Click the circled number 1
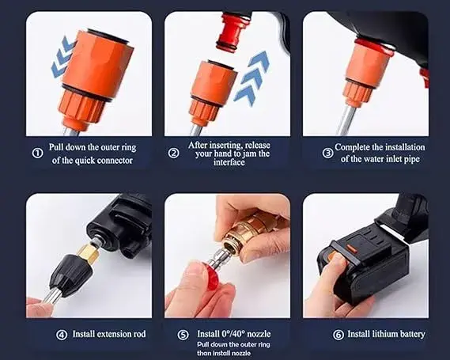click(x=38, y=153)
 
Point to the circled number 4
click(x=61, y=335)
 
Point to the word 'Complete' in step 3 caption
click(x=357, y=147)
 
